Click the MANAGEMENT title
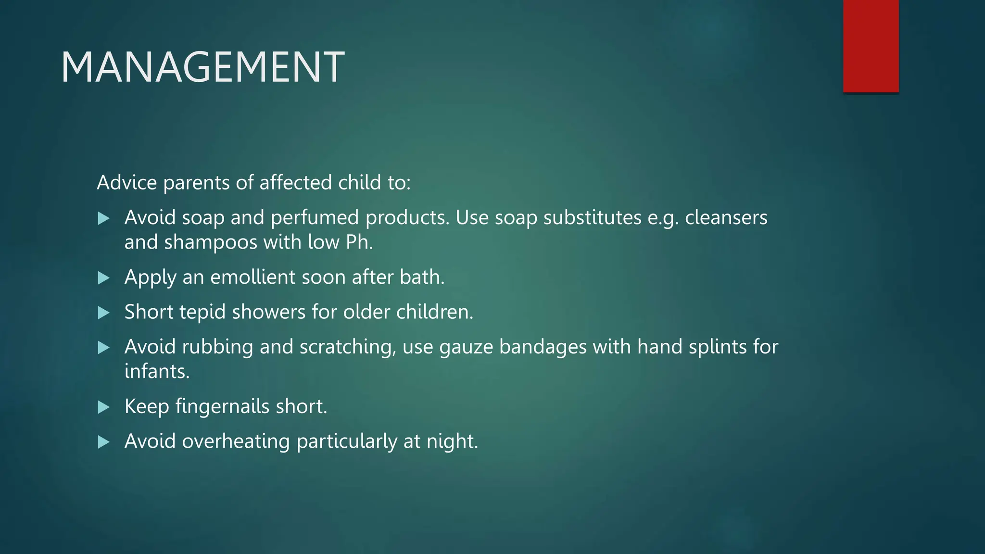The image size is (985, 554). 202,67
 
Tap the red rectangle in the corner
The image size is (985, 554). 871,46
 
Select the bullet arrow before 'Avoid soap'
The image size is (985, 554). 103,219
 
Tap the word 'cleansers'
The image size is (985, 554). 726,218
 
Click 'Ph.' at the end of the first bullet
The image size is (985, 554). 359,242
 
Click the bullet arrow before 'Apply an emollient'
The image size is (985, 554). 103,278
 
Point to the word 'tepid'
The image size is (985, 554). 202,312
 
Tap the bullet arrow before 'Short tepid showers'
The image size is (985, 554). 103,313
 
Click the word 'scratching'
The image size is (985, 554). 347,347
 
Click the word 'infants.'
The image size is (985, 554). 157,372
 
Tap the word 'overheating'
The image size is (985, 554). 236,441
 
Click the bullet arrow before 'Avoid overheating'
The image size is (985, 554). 103,442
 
